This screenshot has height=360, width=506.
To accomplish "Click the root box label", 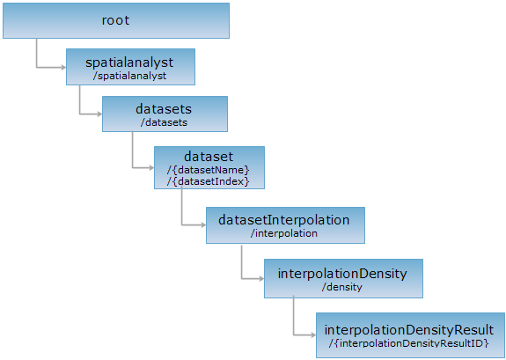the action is point(115,20).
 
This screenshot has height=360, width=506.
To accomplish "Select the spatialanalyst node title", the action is point(129,62).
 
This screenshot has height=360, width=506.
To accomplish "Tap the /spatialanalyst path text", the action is point(129,77).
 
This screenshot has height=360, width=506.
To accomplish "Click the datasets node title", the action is point(164,109).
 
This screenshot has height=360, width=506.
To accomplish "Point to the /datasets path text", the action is point(164,122).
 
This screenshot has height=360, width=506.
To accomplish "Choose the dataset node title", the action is point(209,157).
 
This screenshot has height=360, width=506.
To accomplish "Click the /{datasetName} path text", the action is point(209,170).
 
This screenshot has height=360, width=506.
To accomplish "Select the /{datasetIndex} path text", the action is point(209,181).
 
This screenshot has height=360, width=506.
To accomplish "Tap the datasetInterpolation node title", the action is point(284,220).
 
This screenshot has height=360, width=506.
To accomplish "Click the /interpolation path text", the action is point(284,233).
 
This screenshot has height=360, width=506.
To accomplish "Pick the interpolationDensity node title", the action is point(342,274).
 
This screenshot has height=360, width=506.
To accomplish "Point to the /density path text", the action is point(342,287).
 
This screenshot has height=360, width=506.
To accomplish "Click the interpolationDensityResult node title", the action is point(409,330).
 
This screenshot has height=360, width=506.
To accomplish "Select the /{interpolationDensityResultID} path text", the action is point(409,343).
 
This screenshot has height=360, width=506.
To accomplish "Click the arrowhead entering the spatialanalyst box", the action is point(64,68).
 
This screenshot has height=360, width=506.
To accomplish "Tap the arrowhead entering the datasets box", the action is point(100,114).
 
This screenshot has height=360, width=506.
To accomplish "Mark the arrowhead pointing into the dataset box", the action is point(151,168).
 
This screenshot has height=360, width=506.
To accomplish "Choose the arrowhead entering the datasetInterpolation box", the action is point(203,225).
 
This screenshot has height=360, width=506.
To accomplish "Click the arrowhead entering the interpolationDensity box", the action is point(261,279).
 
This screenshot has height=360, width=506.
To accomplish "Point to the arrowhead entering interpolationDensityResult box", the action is point(313,335).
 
